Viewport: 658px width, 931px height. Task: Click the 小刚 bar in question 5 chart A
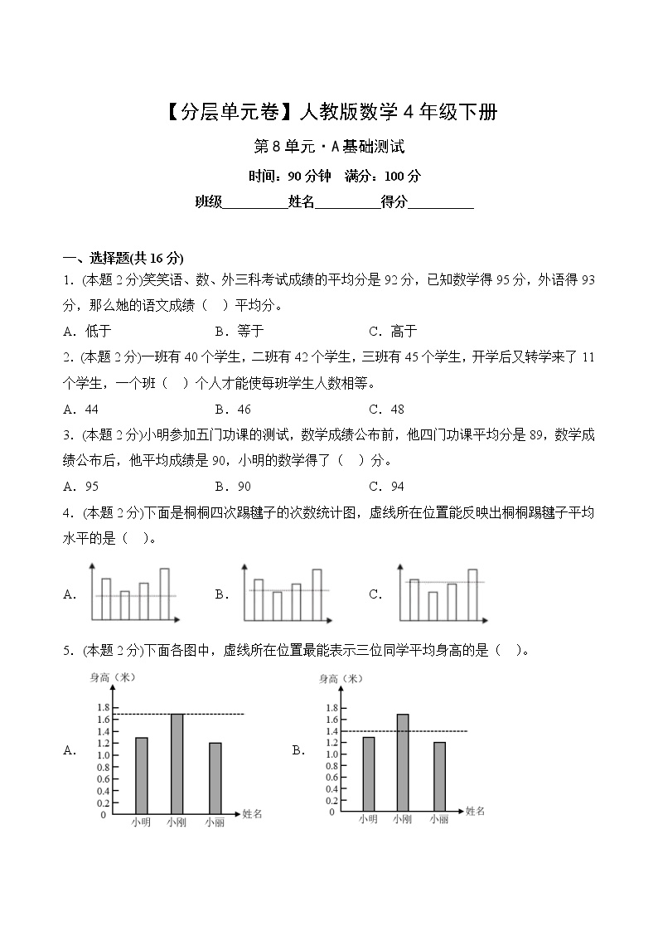177,763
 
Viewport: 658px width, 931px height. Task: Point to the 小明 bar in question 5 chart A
142,774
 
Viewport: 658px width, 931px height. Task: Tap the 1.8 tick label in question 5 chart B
331,707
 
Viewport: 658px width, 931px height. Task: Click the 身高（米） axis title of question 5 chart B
341,679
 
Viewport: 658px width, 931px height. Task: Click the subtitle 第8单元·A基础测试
329,147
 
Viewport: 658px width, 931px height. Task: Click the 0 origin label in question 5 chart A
103,815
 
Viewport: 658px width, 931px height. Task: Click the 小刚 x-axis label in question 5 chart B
403,819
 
